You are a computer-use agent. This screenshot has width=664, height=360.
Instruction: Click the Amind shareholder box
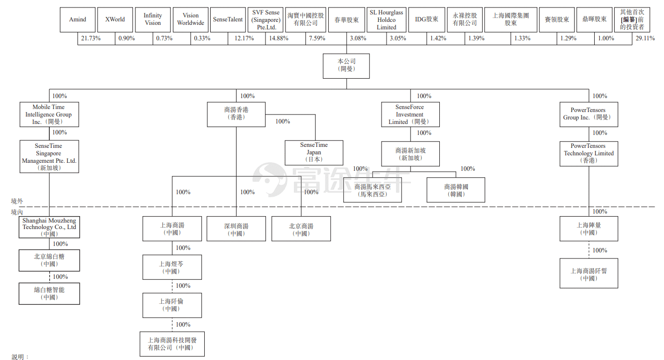78,19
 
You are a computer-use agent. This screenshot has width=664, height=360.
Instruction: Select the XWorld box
115,19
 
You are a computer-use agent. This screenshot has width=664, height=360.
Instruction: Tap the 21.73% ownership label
91,38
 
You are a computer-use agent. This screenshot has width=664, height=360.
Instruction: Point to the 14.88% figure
278,38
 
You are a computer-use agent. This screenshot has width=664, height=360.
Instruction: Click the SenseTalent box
228,19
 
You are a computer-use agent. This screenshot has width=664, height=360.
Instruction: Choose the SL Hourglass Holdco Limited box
387,19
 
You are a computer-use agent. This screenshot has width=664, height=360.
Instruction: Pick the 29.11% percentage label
645,38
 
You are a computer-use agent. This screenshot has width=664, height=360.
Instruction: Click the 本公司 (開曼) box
346,66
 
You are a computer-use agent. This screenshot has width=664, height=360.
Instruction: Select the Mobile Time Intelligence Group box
49,115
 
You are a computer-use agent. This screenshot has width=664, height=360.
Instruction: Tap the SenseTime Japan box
314,153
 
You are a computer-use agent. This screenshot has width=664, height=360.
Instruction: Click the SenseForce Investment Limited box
410,115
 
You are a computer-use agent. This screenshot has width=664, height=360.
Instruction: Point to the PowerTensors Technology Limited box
589,154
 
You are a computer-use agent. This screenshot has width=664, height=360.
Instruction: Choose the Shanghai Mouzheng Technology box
49,227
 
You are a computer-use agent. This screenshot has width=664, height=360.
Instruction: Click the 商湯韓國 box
456,190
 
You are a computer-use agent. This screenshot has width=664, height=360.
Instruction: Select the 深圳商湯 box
236,229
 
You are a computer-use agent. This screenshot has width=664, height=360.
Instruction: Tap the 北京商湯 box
301,229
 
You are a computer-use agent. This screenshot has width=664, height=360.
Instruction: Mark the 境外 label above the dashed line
17,201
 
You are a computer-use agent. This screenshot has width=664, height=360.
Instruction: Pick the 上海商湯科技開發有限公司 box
172,344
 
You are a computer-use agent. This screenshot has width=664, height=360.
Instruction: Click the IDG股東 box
427,19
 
